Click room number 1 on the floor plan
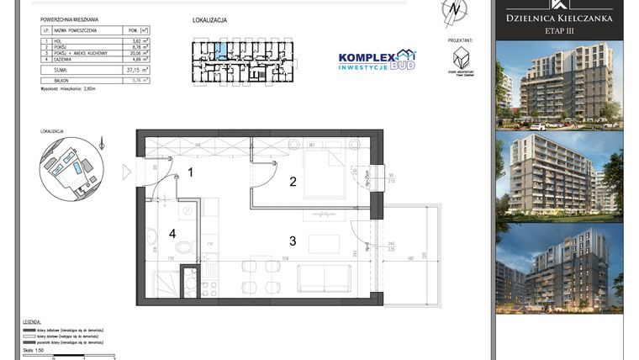191,172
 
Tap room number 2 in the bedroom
293,181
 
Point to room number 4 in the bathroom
172,233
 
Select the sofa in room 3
324,278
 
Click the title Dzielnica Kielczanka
558,17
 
